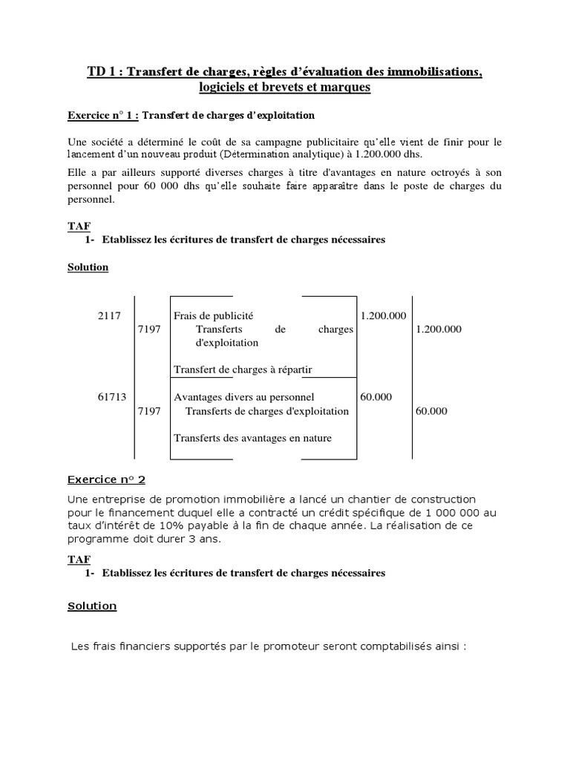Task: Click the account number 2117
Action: coord(109,315)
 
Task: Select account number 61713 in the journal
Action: coord(112,397)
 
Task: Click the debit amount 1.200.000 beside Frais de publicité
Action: coord(383,315)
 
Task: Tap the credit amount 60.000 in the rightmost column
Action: coord(432,410)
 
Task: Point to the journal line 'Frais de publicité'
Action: coord(218,315)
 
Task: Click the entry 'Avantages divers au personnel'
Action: coord(243,397)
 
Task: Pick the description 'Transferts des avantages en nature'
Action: coord(252,438)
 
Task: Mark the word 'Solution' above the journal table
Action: coord(88,267)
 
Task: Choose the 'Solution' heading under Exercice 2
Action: coord(92,606)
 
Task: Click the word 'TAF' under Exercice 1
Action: coord(79,226)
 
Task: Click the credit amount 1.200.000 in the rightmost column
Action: coord(439,329)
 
